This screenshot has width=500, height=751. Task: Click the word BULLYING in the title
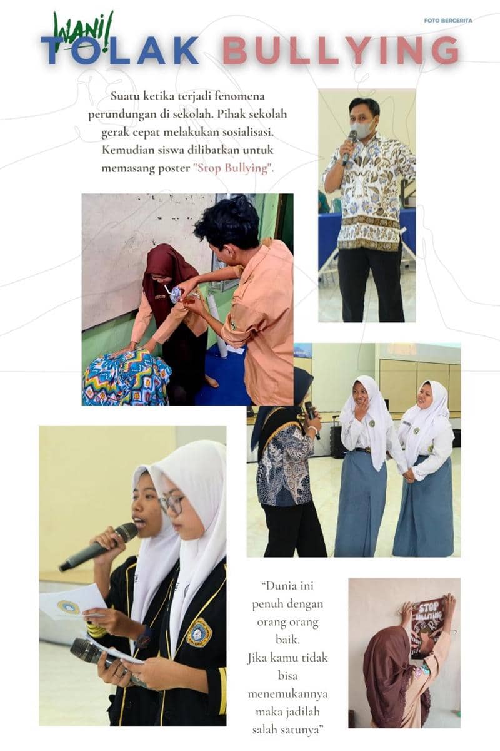pos(341,50)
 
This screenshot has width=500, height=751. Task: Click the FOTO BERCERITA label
pos(448,21)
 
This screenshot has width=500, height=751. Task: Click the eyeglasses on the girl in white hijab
pos(171,504)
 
